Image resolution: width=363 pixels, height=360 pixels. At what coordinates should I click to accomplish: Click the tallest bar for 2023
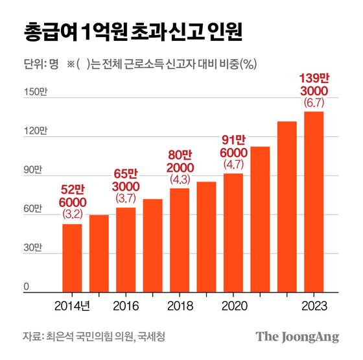pos(314,202)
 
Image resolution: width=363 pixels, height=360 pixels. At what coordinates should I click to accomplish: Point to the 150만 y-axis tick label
pos(33,95)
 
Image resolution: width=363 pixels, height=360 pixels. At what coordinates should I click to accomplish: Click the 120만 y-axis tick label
pos(33,134)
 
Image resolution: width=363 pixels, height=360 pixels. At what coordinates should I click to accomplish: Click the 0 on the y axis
pos(27,287)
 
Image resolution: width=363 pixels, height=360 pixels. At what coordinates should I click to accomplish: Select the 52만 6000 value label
pos(71,196)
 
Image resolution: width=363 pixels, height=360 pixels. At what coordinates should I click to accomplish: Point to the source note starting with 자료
pos(93,337)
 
